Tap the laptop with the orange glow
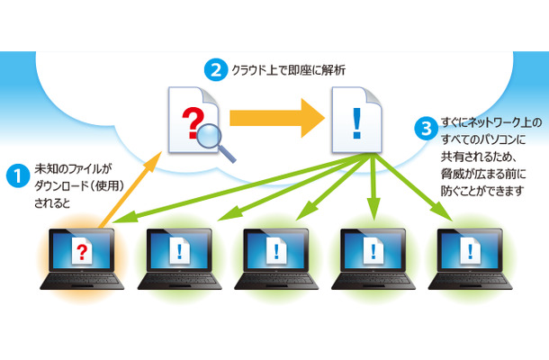point(82,261)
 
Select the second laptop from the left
point(175,261)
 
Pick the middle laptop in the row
point(274,261)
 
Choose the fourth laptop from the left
point(373,261)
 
